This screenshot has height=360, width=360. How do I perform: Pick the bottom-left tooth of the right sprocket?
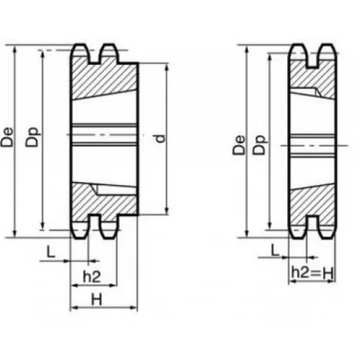coord(297,229)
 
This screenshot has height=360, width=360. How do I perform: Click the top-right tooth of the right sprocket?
coord(325,52)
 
